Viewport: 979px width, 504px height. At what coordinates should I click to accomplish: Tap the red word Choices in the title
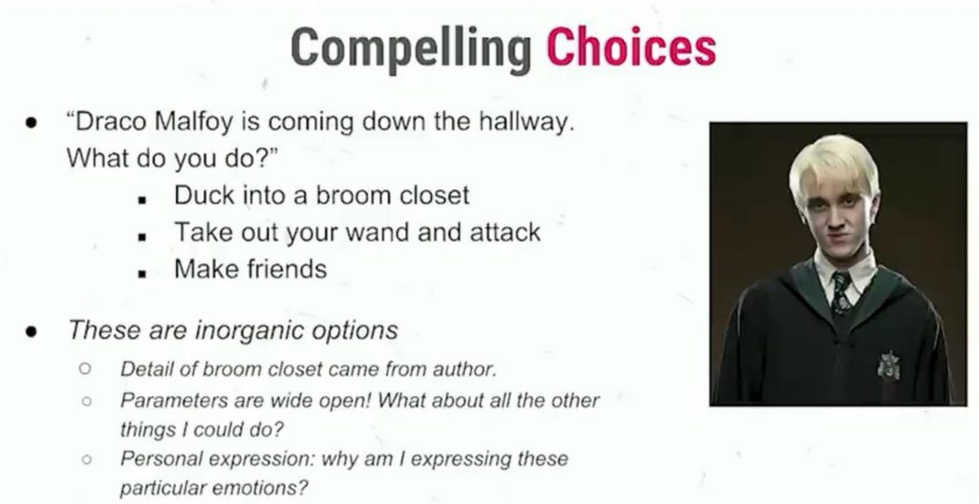click(631, 48)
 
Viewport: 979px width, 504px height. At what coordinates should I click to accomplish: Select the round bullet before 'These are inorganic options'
click(32, 331)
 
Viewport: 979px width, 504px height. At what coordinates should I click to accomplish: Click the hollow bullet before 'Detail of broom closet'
click(86, 368)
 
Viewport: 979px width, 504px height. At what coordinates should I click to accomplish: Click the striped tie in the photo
click(841, 292)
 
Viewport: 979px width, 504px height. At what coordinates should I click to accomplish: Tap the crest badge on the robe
click(888, 365)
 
